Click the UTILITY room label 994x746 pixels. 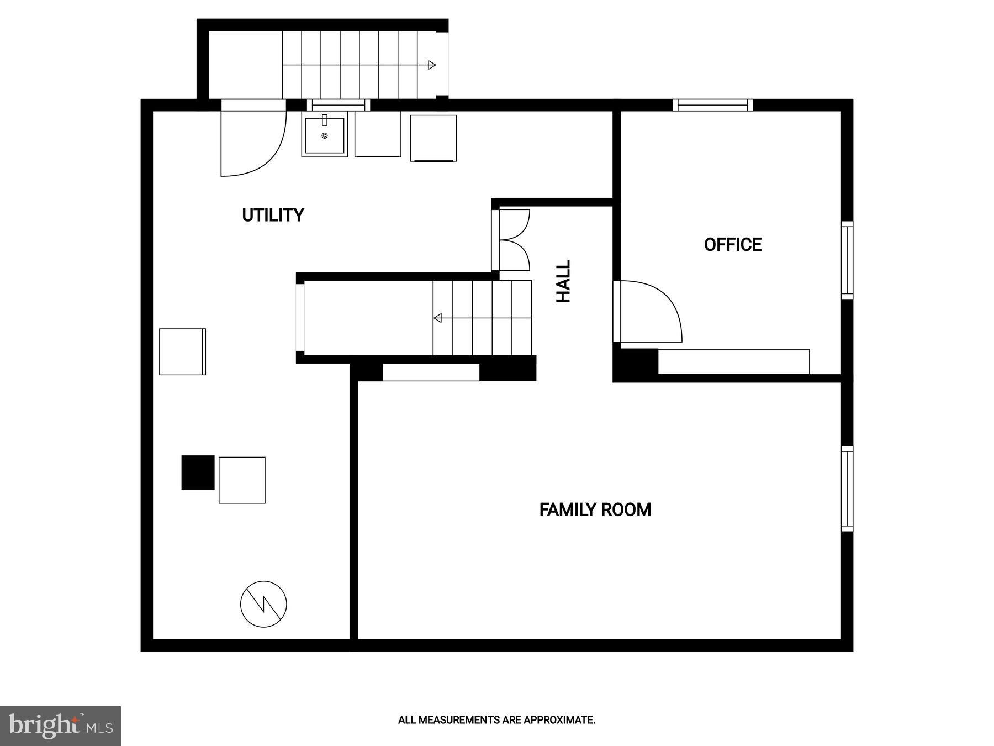pyautogui.click(x=273, y=215)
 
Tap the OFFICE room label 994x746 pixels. pyautogui.click(x=733, y=245)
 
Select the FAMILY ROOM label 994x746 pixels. pyautogui.click(x=595, y=509)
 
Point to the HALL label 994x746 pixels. pyautogui.click(x=563, y=281)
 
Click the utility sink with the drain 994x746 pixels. pyautogui.click(x=324, y=135)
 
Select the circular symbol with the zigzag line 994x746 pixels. pyautogui.click(x=263, y=604)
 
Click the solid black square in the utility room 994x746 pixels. pyautogui.click(x=198, y=472)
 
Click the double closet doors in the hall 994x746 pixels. pyautogui.click(x=514, y=240)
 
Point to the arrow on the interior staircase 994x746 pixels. pyautogui.click(x=438, y=318)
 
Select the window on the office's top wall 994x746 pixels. pyautogui.click(x=712, y=105)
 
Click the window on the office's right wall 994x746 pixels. pyautogui.click(x=847, y=260)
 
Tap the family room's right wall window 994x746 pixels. pyautogui.click(x=847, y=488)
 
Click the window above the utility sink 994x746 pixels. pyautogui.click(x=338, y=105)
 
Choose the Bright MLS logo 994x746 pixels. pyautogui.click(x=60, y=726)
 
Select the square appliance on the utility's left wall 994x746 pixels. pyautogui.click(x=182, y=352)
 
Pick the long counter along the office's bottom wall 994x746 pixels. pyautogui.click(x=733, y=362)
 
